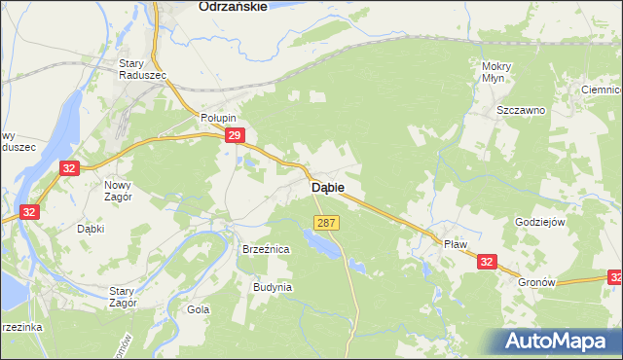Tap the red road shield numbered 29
pyautogui.click(x=233, y=137)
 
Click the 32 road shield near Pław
pyautogui.click(x=487, y=260)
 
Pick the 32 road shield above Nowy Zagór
pyautogui.click(x=67, y=168)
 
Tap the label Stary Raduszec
pyautogui.click(x=142, y=69)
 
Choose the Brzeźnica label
pyautogui.click(x=266, y=250)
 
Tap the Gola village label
pyautogui.click(x=199, y=309)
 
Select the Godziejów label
pyautogui.click(x=539, y=222)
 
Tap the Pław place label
pyautogui.click(x=456, y=245)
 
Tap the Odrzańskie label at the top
pyautogui.click(x=232, y=6)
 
